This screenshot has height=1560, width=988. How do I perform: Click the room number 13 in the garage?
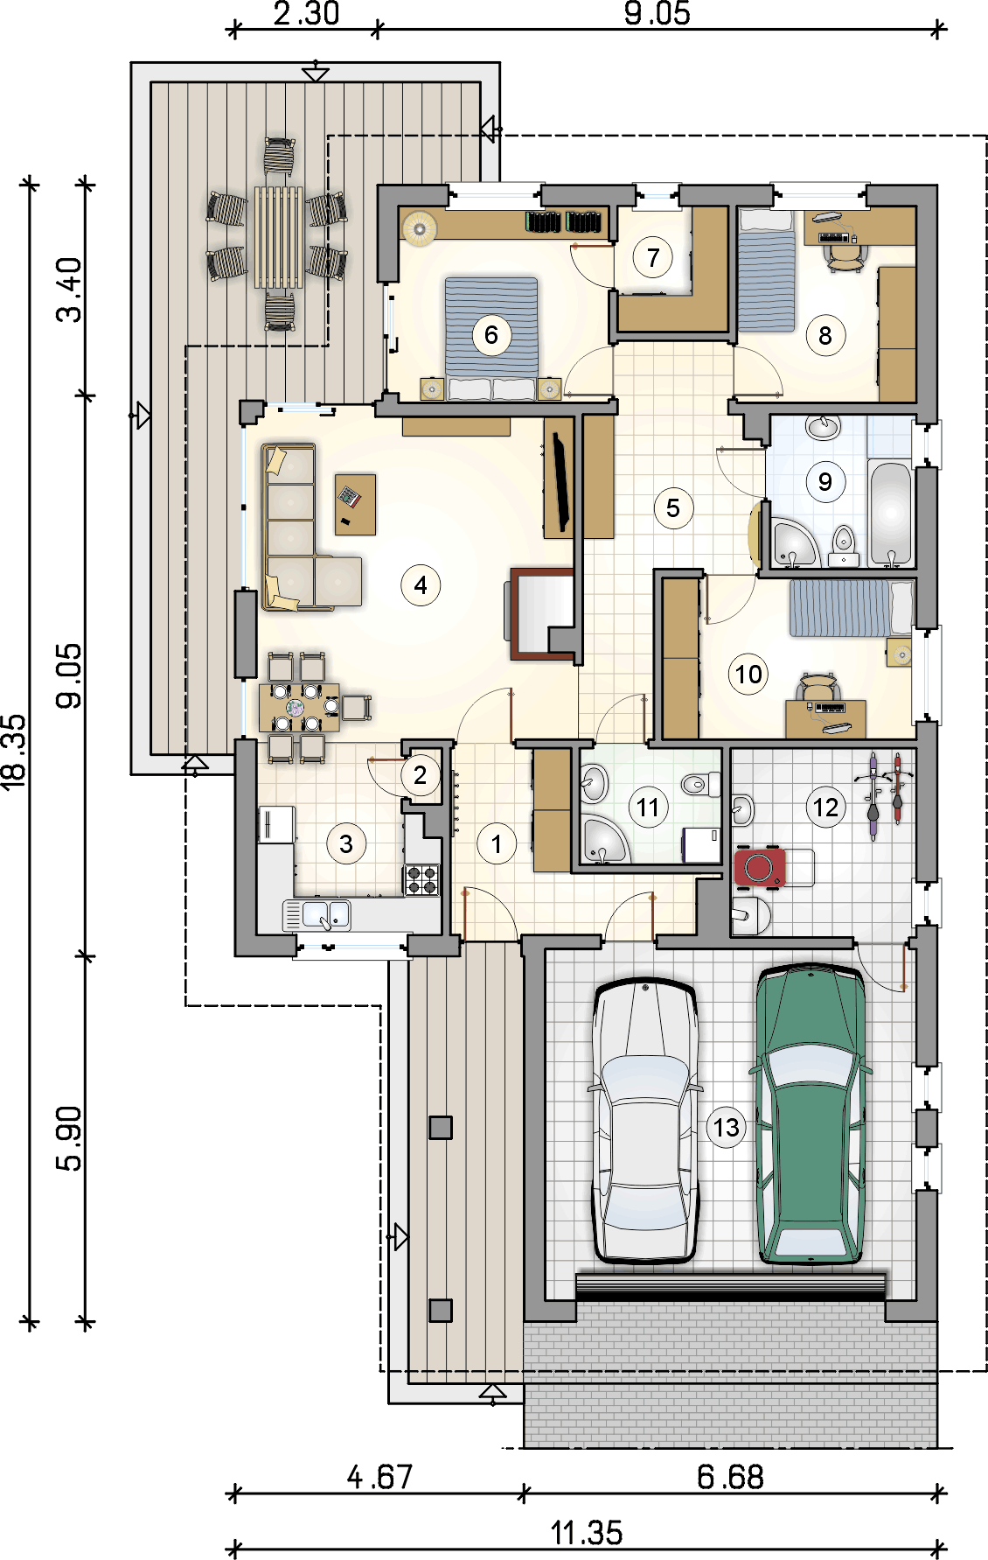(727, 1127)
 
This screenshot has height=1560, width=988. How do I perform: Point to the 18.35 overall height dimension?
(15, 752)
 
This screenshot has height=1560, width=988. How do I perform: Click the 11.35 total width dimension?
(587, 1533)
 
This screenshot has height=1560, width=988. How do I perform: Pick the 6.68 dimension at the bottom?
(730, 1477)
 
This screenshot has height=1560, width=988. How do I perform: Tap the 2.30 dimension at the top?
(306, 13)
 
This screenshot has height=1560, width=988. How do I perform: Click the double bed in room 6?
(491, 339)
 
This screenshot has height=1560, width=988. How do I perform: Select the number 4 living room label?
(421, 584)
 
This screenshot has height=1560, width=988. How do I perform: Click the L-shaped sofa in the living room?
(299, 528)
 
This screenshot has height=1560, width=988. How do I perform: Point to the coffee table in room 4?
(356, 504)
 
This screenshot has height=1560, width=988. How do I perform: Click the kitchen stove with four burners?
(422, 879)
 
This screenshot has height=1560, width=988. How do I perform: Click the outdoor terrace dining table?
(279, 236)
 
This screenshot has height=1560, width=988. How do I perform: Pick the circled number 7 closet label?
(653, 257)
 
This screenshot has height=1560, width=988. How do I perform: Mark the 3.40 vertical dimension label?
(69, 290)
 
